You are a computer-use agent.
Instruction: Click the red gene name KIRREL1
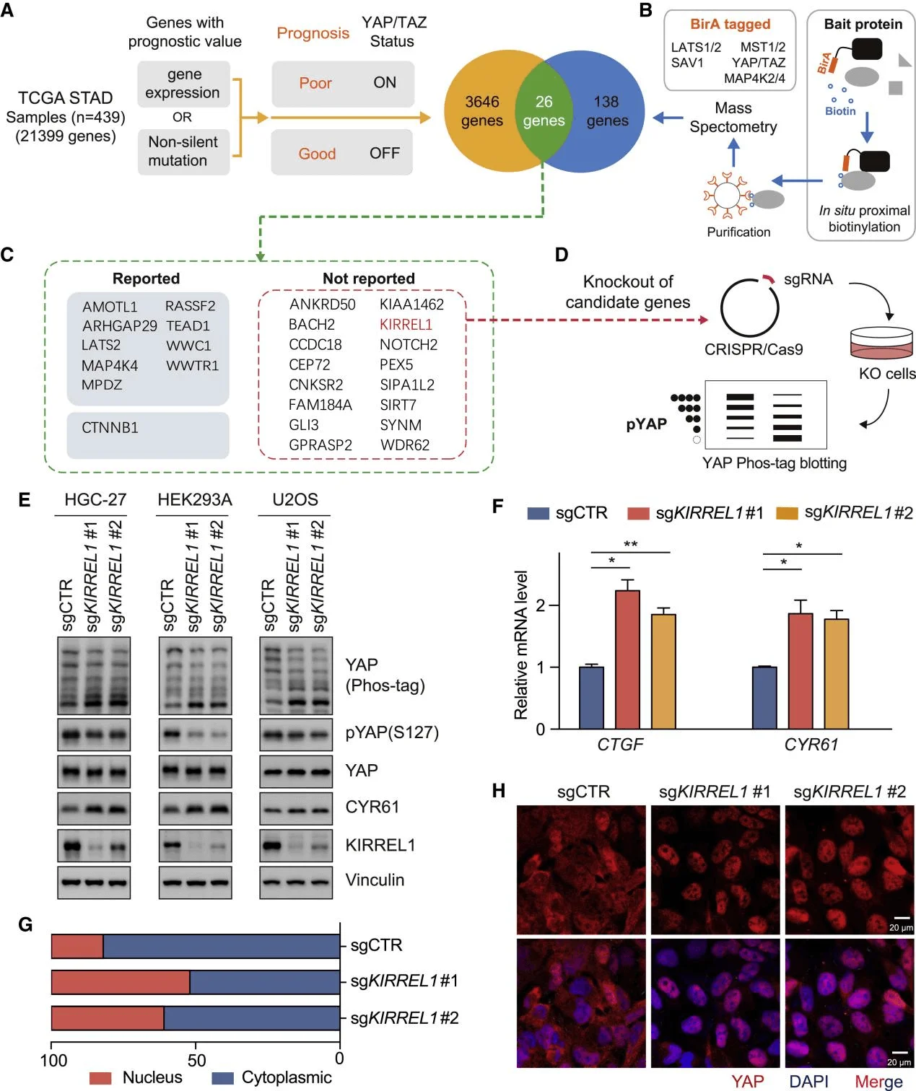coord(406,325)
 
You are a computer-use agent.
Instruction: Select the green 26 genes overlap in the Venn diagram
coord(544,111)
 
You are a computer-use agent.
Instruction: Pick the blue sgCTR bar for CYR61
coord(764,697)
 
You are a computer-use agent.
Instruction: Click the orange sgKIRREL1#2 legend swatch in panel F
coord(787,513)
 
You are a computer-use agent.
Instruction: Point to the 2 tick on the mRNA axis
coord(541,605)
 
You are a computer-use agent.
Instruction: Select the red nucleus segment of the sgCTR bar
coord(77,946)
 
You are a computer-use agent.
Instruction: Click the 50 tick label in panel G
coord(196,1060)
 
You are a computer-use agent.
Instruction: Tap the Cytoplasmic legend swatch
coord(223,1078)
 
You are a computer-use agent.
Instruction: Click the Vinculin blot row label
coord(375,880)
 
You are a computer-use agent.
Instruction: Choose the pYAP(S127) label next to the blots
coord(392,732)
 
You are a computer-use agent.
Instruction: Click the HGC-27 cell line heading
coord(95,499)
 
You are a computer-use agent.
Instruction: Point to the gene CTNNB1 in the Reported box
coord(110,428)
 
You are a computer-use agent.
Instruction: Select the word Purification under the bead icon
coord(738,232)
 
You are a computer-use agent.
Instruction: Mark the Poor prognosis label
coord(315,83)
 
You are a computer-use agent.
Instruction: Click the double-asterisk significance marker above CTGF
coord(630,544)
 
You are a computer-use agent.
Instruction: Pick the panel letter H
coord(498,791)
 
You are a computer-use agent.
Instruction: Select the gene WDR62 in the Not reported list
coord(405,445)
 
